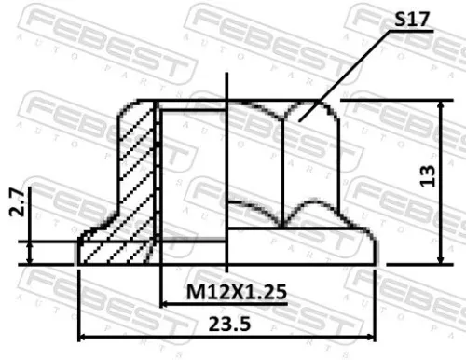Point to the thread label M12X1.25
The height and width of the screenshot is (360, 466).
click(236, 293)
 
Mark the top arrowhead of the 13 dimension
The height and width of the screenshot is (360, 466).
click(442, 105)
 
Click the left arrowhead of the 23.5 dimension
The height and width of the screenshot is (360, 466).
click(84, 337)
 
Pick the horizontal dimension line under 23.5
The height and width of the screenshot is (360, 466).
click(280, 337)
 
